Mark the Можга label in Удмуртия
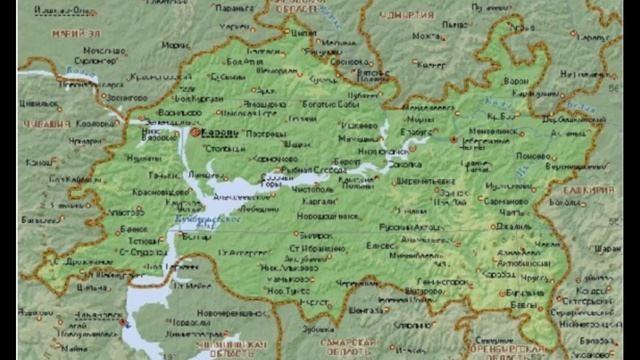pos(427,37)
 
